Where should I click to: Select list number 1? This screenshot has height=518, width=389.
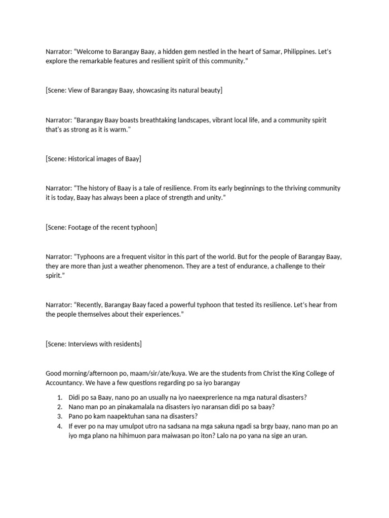(59, 398)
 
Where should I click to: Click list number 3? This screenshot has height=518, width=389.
(59, 416)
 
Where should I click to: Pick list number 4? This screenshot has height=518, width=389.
(59, 426)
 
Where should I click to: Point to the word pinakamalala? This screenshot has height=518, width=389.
(129, 407)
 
